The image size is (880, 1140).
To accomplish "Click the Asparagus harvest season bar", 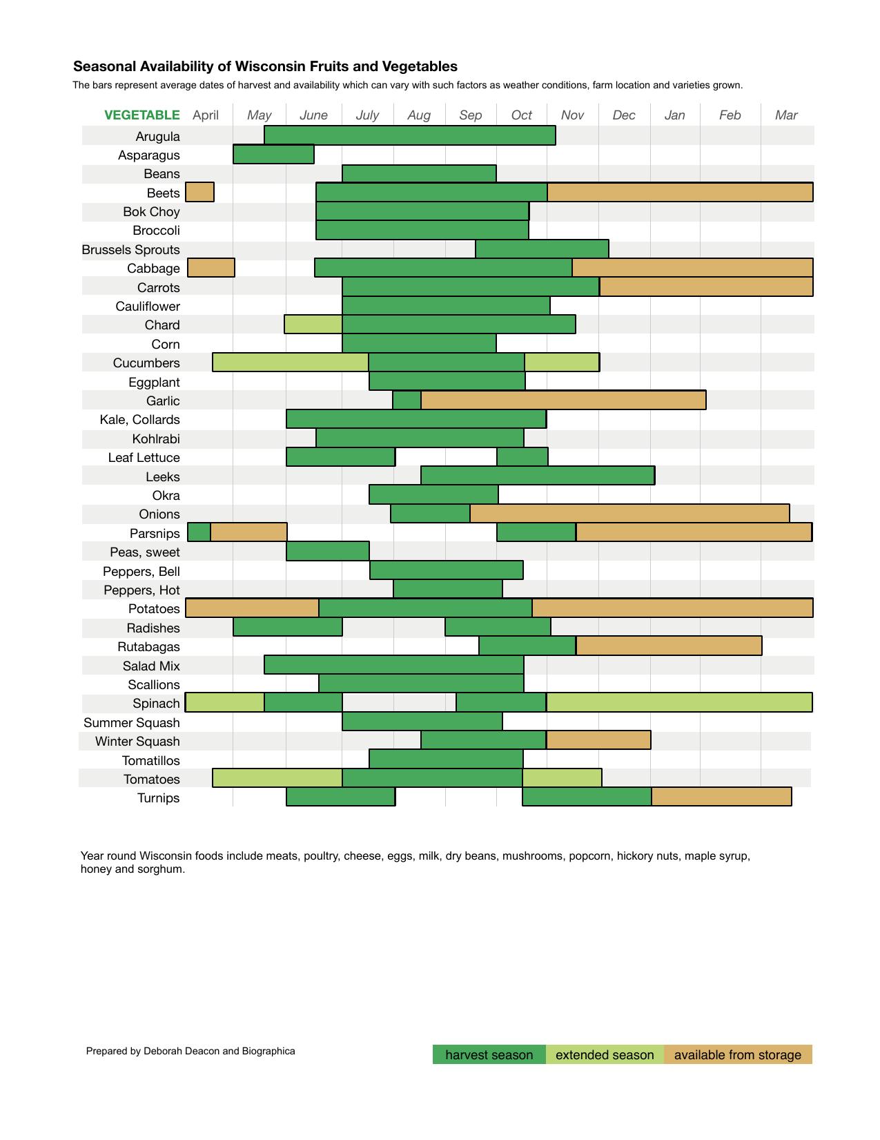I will pos(273,154).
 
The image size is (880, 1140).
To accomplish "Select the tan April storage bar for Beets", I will pos(199,192).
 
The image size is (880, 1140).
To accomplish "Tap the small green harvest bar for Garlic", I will pos(407,400).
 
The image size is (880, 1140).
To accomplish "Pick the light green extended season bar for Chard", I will pos(313,324).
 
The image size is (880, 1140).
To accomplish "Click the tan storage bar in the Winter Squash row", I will pos(598,740).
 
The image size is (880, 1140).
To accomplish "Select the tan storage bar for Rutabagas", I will pos(669,646).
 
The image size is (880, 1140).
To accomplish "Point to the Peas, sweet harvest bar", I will pos(327,551).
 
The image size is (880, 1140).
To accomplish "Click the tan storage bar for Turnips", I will pos(721,797).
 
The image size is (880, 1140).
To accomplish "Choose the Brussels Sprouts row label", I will pos(130,249).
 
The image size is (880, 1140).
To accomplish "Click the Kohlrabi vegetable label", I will pos(156,438).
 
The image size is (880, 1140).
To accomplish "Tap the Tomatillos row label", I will pos(150,760).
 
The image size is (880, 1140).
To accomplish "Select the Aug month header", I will pos(419,115).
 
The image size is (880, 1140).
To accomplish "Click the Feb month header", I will pos(730,115).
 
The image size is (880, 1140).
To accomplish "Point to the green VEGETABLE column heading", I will pos(141,115).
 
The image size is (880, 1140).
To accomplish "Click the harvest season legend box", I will pos(489,1054).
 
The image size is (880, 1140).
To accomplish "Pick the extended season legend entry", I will pos(604,1054).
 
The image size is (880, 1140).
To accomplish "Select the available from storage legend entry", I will pos(737,1054).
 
